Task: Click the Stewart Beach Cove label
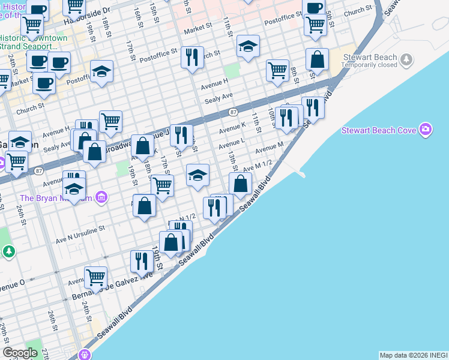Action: [x=379, y=130]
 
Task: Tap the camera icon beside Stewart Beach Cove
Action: [x=426, y=130]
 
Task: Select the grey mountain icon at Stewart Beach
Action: [x=408, y=59]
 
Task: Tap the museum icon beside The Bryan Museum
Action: [x=101, y=197]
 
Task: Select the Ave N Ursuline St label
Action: [x=80, y=229]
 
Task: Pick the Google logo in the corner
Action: [x=20, y=353]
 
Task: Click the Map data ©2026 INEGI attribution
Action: [x=413, y=355]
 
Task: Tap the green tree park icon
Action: [x=8, y=251]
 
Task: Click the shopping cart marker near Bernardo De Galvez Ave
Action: [x=96, y=278]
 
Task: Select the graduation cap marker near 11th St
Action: [x=248, y=47]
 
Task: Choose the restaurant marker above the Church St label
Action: [x=192, y=58]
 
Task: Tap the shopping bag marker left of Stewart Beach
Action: [x=317, y=59]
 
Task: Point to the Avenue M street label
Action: [x=269, y=145]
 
